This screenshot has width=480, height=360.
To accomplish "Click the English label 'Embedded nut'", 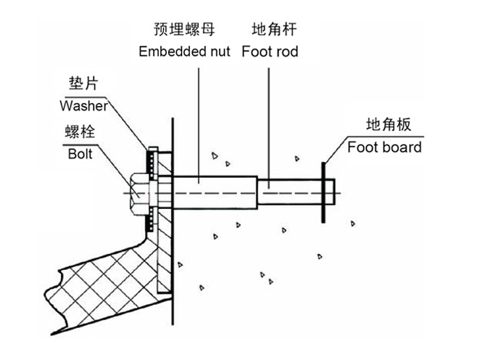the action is (184, 51).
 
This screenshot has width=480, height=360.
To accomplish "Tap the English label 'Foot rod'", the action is (270, 52).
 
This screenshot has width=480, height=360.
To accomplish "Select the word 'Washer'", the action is (83, 106).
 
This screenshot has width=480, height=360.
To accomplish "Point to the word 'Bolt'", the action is (80, 154).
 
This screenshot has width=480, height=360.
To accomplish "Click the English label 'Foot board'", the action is (384, 147).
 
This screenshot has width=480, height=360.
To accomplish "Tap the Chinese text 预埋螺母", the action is (184, 30).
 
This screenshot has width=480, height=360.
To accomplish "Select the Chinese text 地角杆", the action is (274, 30).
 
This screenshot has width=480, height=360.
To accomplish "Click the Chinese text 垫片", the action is (83, 83).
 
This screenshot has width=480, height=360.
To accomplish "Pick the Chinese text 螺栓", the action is (80, 132).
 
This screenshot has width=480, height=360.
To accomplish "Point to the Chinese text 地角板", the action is (389, 124).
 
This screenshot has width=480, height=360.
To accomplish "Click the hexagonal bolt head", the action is (140, 194).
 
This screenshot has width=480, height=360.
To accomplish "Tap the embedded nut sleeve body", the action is (215, 192).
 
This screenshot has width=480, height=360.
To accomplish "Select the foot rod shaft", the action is (289, 192).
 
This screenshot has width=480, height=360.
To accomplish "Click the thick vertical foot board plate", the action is (323, 192).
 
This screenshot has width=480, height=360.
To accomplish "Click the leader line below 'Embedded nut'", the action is (199, 126).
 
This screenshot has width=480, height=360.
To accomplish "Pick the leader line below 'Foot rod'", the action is (269, 128).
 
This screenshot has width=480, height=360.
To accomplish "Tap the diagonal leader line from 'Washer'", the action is (128, 124).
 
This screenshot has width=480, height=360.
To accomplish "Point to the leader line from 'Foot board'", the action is (336, 150).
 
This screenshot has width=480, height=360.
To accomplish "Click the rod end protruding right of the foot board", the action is (330, 192).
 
